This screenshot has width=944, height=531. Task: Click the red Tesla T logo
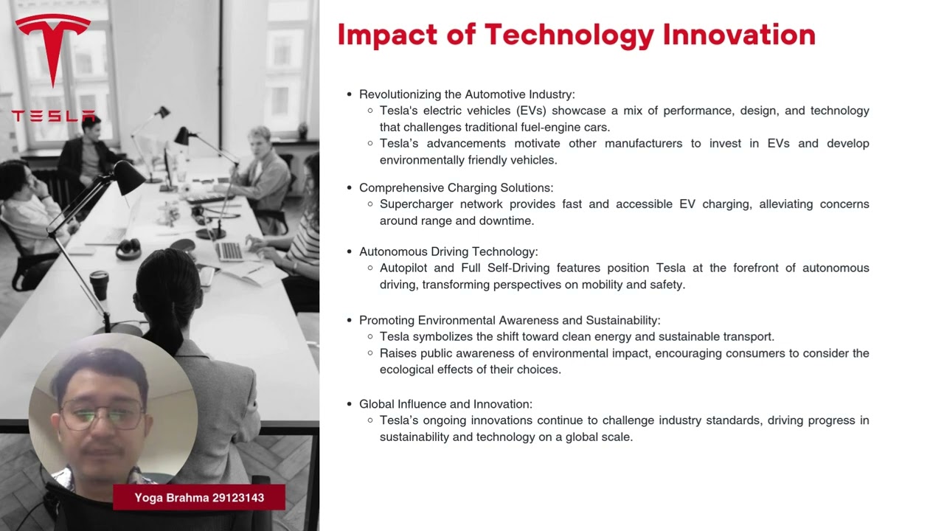[52, 48]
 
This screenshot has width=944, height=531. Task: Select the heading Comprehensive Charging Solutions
[456, 188]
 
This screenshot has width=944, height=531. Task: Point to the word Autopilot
[402, 268]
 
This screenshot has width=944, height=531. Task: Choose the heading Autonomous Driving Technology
[448, 252]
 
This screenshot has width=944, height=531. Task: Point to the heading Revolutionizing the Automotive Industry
[467, 94]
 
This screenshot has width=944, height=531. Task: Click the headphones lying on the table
[128, 248]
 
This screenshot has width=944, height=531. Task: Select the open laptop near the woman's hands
[230, 251]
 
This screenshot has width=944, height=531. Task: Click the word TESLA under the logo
[53, 117]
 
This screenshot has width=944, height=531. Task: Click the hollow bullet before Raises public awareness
[370, 353]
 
